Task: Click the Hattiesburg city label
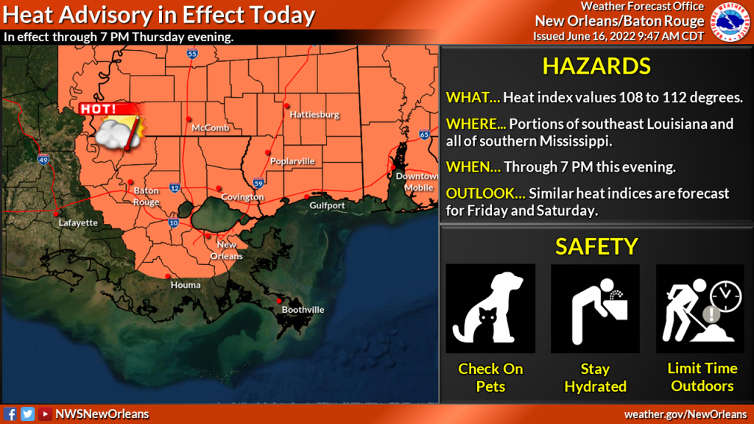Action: click(x=314, y=115)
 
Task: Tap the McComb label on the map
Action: click(x=210, y=128)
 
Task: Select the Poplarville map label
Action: click(x=292, y=161)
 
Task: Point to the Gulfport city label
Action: click(x=327, y=206)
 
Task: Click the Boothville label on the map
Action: click(x=303, y=310)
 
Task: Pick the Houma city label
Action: click(x=185, y=285)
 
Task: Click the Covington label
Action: click(x=242, y=197)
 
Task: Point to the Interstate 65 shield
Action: click(x=424, y=135)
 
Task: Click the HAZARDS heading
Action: click(x=596, y=66)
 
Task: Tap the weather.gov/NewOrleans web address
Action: click(x=685, y=414)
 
